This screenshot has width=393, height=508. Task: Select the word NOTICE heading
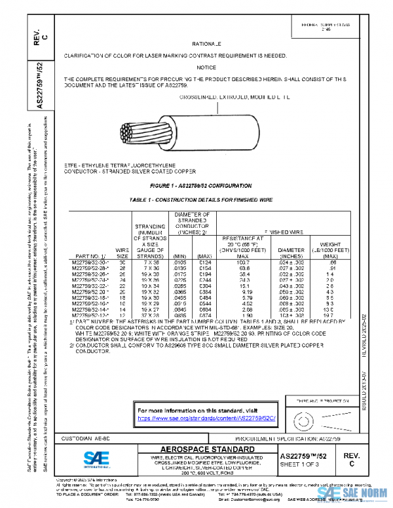[206, 67]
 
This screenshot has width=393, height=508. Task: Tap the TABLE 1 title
[206, 198]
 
